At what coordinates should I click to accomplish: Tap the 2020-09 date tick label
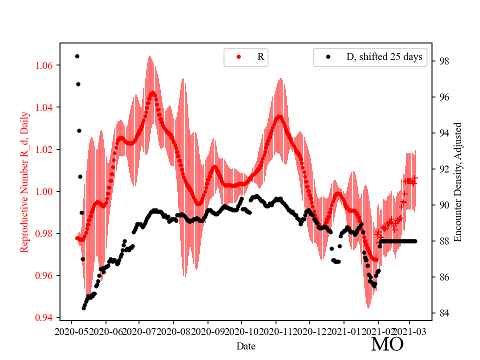click(207, 331)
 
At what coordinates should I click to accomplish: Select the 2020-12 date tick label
click(310, 331)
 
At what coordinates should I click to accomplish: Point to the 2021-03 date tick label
click(410, 331)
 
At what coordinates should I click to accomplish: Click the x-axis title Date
click(246, 345)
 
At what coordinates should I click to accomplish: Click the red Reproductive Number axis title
click(25, 181)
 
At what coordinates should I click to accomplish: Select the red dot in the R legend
click(238, 57)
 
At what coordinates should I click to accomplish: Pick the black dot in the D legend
click(328, 57)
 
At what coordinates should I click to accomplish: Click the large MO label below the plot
click(387, 344)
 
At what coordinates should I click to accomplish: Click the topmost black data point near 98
click(77, 56)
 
